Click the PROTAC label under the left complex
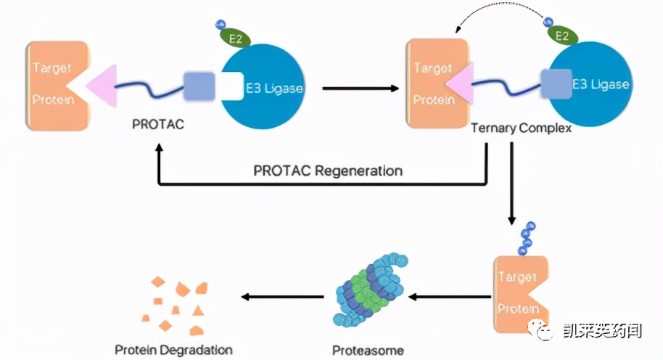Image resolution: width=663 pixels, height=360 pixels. coord(158,124)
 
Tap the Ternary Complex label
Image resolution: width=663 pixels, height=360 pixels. coord(521,128)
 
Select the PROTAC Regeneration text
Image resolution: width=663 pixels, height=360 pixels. coord(327,171)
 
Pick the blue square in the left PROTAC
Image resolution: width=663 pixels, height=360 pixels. coord(197,86)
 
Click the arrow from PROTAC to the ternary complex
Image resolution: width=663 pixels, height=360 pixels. coord(361,89)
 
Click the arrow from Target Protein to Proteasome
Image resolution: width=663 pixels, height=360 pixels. coord(450,296)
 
